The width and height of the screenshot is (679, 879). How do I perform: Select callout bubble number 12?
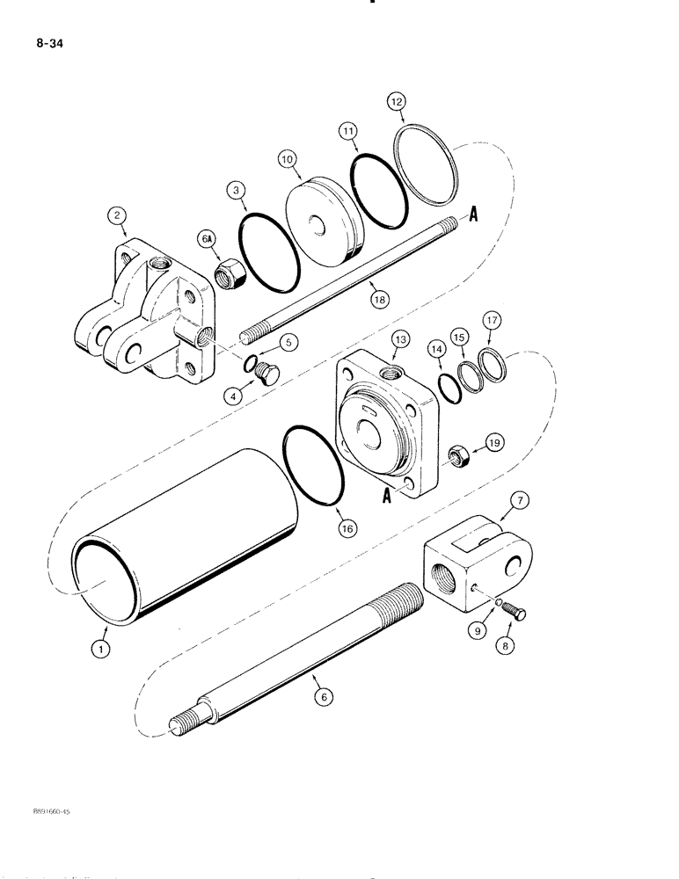tap(396, 102)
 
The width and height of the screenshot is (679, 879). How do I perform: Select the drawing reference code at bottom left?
tap(42, 812)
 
